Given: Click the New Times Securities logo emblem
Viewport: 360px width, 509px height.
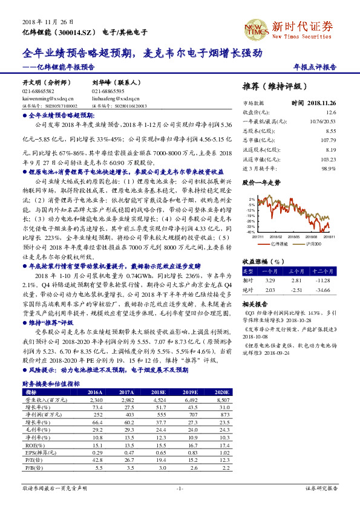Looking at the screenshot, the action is click(255, 28).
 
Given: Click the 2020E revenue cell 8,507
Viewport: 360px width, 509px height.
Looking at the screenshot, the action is click(221, 400).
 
